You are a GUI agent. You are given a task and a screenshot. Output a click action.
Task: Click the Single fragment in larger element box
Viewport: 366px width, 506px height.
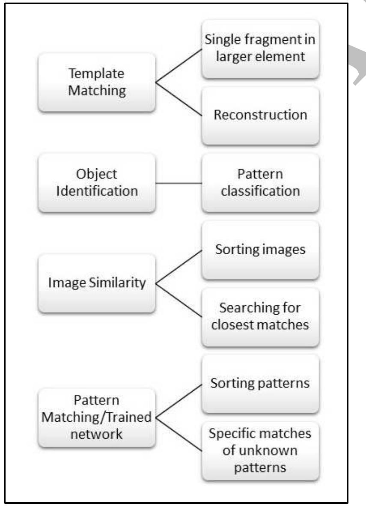[260, 49]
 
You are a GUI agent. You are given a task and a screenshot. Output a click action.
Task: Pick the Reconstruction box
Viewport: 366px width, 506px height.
[260, 116]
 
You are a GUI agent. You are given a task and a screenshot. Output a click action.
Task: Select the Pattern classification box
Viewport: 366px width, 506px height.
[260, 183]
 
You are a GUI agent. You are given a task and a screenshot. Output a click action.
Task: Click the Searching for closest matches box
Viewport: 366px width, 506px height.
[260, 317]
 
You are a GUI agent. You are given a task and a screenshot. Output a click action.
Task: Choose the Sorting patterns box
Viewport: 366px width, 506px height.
[260, 384]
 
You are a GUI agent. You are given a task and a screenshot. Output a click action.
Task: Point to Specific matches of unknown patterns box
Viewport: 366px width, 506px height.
[260, 452]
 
